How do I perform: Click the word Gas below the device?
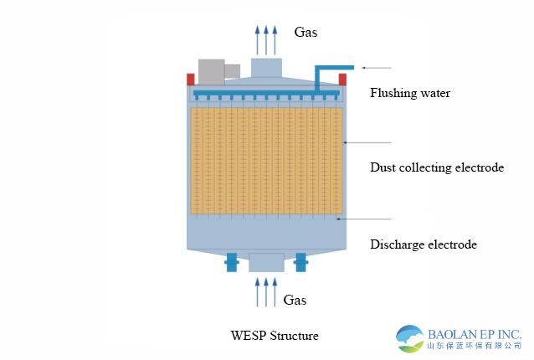[x=295, y=299]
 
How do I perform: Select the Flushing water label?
[x=410, y=93]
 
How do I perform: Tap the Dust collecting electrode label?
[x=436, y=167]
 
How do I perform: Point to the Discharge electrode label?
[x=423, y=244]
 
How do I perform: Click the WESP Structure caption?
[x=275, y=336]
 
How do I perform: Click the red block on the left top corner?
[x=191, y=79]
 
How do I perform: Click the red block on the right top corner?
[x=342, y=79]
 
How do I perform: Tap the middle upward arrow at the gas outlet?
[x=266, y=39]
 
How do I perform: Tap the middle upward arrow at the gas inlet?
[x=266, y=293]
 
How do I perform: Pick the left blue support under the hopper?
[x=232, y=264]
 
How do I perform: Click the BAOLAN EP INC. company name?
[x=475, y=332]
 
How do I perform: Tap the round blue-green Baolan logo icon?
[x=410, y=338]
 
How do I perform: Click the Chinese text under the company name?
[x=475, y=346]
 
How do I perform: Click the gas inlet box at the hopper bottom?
[x=266, y=263]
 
